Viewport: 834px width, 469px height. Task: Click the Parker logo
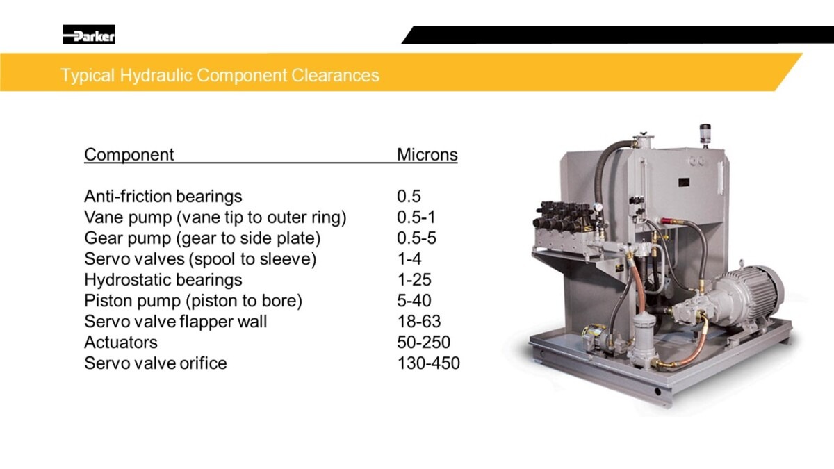click(89, 35)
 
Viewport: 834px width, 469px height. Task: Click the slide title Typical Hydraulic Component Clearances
click(220, 75)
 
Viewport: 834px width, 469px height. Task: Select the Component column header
click(129, 154)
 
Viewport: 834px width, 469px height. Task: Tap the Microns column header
click(427, 154)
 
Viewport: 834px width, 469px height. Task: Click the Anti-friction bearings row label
click(163, 197)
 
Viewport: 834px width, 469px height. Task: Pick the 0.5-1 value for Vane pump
click(416, 217)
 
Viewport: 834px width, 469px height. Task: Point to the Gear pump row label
click(202, 238)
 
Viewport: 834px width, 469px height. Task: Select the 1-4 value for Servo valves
click(409, 259)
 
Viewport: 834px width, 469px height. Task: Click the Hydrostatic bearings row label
click(163, 280)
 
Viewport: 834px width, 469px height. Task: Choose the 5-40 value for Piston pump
click(414, 301)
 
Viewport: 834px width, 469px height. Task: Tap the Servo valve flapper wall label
click(175, 322)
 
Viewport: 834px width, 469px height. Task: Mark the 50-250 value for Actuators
click(424, 343)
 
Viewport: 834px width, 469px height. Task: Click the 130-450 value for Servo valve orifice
click(429, 363)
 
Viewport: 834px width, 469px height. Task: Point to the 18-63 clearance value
click(419, 322)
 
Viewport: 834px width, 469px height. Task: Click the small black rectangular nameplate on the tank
click(684, 182)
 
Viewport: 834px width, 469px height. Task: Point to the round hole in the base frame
click(657, 392)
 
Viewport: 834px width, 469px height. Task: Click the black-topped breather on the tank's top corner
click(705, 134)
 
